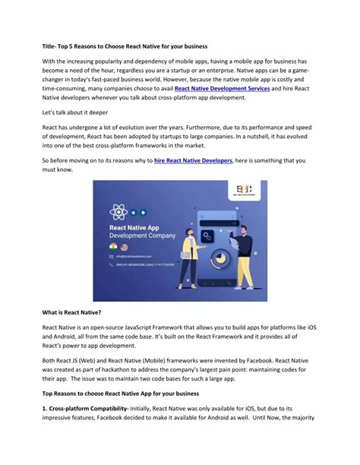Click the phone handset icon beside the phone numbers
116,266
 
